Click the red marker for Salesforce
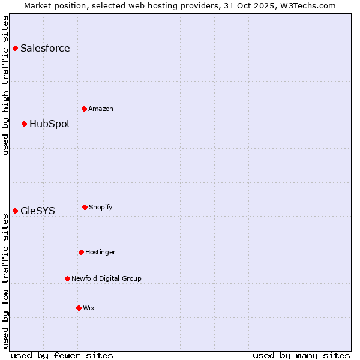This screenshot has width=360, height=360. [15, 48]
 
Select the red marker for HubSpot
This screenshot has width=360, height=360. [24, 124]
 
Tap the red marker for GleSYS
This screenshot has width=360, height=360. [15, 211]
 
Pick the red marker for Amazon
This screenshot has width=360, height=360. [84, 109]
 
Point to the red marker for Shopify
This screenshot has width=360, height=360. [85, 207]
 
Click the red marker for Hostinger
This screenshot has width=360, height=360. [81, 252]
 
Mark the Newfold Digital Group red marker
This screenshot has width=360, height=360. [67, 278]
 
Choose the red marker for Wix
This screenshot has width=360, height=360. [79, 308]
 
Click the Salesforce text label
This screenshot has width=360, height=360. [45, 49]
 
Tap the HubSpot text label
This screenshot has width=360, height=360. [50, 124]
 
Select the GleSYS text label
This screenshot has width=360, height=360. [38, 211]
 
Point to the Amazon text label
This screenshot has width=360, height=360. [101, 109]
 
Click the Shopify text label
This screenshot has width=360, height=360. [101, 208]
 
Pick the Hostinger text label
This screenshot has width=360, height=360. [100, 253]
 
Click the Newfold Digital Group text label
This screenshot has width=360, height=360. [106, 279]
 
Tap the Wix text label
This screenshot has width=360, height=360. [89, 308]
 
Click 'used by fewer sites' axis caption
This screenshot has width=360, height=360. [62, 355]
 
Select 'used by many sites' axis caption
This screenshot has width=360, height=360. [301, 355]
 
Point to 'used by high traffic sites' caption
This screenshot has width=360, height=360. [6, 85]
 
